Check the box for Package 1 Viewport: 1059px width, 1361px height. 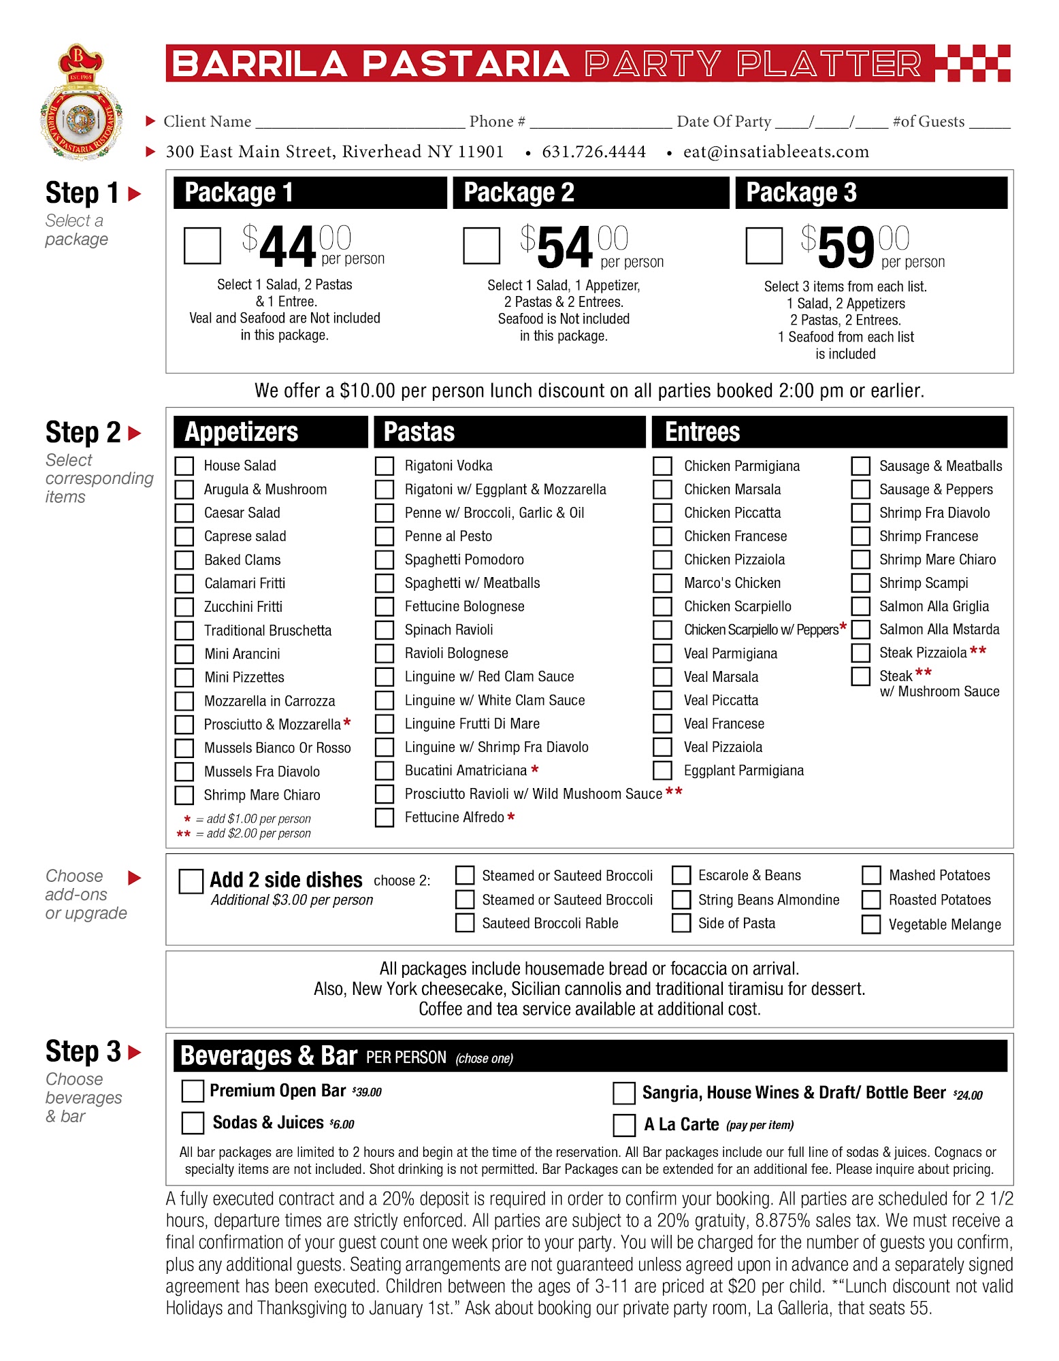point(202,246)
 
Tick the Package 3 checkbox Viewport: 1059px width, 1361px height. point(764,246)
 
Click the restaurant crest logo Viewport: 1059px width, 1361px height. point(82,102)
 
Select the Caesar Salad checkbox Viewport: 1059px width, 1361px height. point(184,513)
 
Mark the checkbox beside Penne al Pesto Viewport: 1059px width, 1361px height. point(385,536)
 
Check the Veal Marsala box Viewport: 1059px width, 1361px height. point(662,677)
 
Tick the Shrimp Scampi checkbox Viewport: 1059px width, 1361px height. point(861,583)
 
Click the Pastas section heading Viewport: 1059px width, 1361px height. point(419,432)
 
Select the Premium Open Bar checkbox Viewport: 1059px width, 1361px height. point(193,1092)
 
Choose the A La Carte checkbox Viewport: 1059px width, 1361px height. point(623,1125)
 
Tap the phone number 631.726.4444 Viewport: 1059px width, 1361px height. point(593,152)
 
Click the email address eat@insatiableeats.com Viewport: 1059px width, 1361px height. point(776,152)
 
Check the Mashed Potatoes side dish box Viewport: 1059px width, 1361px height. point(871,875)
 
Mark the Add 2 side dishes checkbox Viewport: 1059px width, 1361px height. point(191,881)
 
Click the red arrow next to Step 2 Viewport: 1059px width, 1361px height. point(135,433)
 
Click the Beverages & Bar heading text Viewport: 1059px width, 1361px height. point(269,1056)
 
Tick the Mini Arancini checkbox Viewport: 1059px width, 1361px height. point(184,654)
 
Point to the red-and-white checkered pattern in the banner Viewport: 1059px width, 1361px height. point(973,63)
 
